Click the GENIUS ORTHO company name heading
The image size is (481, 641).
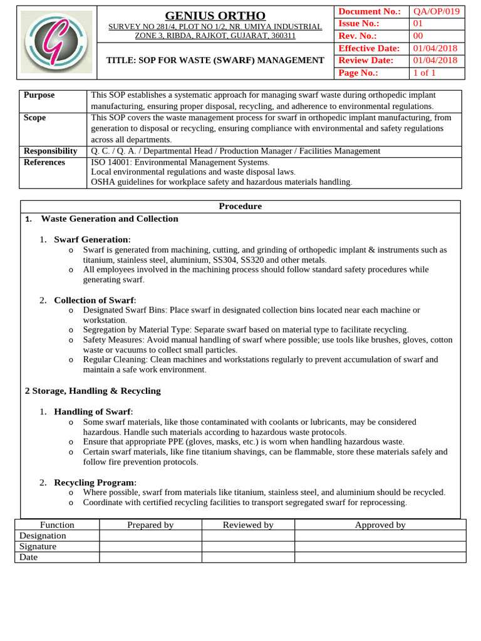(x=215, y=15)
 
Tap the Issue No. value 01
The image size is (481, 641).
(x=417, y=24)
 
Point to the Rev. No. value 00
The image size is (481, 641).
(x=417, y=36)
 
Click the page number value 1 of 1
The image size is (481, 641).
(x=424, y=73)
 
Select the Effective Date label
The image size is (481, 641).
(x=368, y=48)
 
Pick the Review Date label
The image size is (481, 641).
(x=366, y=60)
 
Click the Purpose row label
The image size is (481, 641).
(x=39, y=95)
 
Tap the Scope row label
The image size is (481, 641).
(x=34, y=117)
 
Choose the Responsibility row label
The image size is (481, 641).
(x=50, y=151)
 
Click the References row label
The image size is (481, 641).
(x=44, y=162)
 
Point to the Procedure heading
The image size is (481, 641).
(x=240, y=206)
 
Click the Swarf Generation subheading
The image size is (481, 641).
(x=92, y=239)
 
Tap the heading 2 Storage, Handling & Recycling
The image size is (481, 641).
(x=93, y=391)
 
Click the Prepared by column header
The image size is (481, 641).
(x=150, y=525)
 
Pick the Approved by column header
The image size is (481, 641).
(x=380, y=525)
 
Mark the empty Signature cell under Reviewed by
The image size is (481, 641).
(x=248, y=546)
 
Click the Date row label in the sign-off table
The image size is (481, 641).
(x=28, y=556)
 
